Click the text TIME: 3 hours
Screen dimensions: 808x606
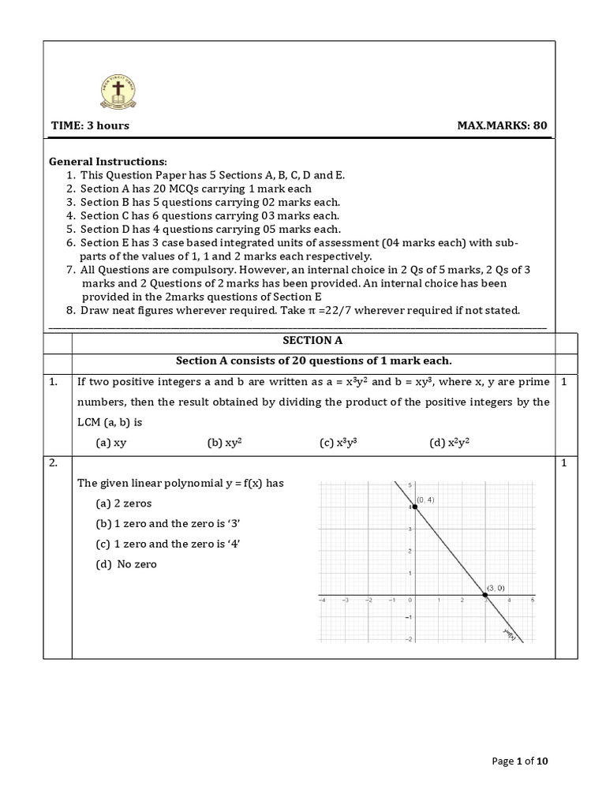coord(90,125)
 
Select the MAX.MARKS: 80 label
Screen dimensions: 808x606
coord(502,125)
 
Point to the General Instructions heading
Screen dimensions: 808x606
coord(107,160)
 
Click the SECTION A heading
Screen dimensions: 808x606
coord(313,341)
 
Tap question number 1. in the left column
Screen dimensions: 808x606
coord(54,382)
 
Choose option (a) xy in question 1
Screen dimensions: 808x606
coord(111,443)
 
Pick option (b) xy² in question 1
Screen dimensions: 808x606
coord(224,443)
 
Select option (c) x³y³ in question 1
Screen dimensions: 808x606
coord(339,443)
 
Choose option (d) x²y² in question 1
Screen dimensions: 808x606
coord(449,443)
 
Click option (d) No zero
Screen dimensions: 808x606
coord(125,564)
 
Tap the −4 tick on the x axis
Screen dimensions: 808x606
coord(322,600)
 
